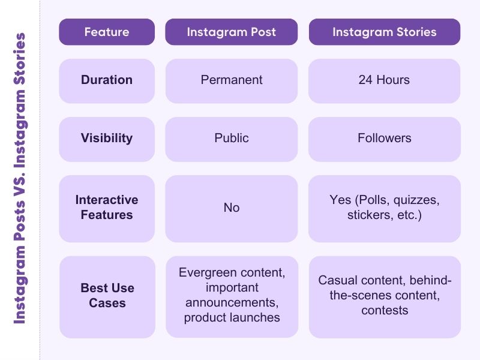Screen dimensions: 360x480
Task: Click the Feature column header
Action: coord(107,32)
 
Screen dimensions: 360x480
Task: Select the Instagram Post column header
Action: coord(231,32)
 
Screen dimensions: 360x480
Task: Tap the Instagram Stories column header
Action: coord(385,32)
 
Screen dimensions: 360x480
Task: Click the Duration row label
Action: coord(107,80)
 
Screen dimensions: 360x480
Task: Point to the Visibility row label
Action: coord(107,138)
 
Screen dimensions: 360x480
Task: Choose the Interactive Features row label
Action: coord(107,207)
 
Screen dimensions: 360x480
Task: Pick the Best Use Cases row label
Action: coord(107,295)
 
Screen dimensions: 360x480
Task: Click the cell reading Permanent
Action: coord(231,80)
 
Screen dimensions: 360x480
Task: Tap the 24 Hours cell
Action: coord(384,80)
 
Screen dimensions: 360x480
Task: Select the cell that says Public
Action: coord(231,138)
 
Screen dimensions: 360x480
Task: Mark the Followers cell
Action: coord(384,138)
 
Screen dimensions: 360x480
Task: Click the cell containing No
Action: coord(231,208)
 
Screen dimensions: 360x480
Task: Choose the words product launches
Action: coord(232,317)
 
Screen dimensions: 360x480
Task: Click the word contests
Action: coord(385,310)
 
